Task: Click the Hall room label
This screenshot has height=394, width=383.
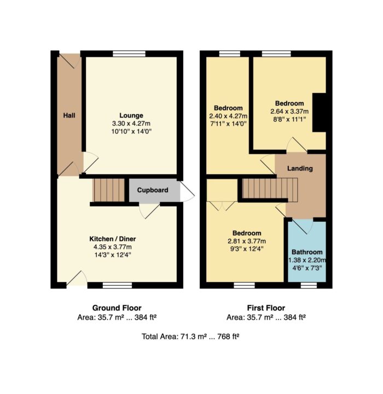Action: pyautogui.click(x=69, y=115)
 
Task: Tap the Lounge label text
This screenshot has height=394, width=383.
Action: pyautogui.click(x=131, y=115)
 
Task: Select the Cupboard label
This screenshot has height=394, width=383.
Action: pyautogui.click(x=153, y=190)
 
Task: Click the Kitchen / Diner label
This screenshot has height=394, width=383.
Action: pyautogui.click(x=113, y=239)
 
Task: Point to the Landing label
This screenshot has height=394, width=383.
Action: pyautogui.click(x=300, y=168)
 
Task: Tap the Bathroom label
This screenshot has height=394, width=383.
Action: pyautogui.click(x=307, y=252)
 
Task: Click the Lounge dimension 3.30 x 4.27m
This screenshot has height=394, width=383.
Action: pyautogui.click(x=131, y=124)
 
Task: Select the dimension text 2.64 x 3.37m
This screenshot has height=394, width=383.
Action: pyautogui.click(x=289, y=111)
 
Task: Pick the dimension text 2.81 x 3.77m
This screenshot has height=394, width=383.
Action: pyautogui.click(x=247, y=241)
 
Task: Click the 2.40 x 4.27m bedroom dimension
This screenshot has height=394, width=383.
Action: pyautogui.click(x=228, y=116)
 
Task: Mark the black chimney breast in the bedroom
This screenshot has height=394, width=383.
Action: pyautogui.click(x=319, y=113)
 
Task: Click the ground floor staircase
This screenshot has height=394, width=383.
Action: pyautogui.click(x=109, y=190)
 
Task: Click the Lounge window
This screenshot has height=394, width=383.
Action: pyautogui.click(x=129, y=54)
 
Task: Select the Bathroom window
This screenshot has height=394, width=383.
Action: pyautogui.click(x=309, y=285)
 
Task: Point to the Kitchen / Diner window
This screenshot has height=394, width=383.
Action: pyautogui.click(x=117, y=285)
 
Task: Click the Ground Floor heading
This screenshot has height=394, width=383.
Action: pyautogui.click(x=117, y=308)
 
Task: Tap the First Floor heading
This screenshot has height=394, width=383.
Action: pyautogui.click(x=266, y=308)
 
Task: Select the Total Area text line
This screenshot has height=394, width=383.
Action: pyautogui.click(x=190, y=336)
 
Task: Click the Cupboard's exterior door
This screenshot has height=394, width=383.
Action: pyautogui.click(x=187, y=191)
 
